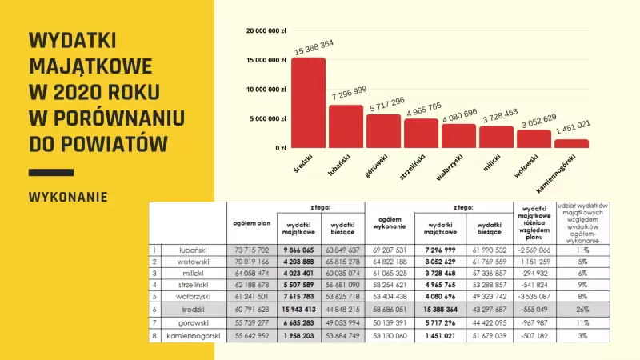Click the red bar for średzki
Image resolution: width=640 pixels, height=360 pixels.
[308, 102]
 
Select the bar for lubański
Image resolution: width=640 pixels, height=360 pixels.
[346, 126]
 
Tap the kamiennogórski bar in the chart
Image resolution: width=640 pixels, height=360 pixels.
[571, 143]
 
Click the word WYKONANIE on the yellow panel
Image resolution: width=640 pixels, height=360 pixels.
[68, 197]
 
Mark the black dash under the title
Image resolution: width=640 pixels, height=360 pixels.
[50, 172]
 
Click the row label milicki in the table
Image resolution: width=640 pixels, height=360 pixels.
[194, 273]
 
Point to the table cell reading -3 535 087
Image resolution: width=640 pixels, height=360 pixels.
[531, 295]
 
